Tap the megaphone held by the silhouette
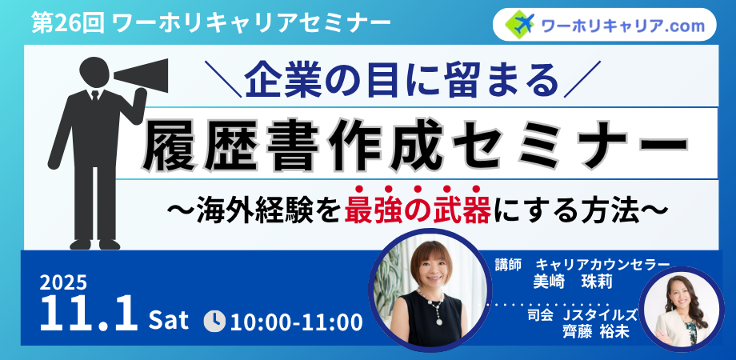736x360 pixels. tap(141, 76)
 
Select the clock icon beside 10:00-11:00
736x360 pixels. tap(215, 322)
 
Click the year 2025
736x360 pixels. tap(63, 283)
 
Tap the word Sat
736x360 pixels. tap(169, 321)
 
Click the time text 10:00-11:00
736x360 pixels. tap(297, 322)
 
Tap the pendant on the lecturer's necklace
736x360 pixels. tap(439, 322)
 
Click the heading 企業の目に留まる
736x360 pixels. tap(402, 80)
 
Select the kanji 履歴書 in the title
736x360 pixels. tap(226, 144)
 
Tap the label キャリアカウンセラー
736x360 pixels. tap(602, 265)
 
